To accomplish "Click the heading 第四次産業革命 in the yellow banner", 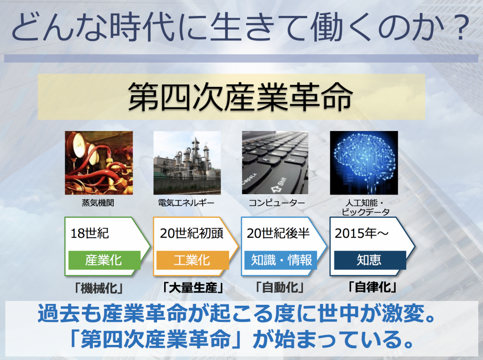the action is (241, 97).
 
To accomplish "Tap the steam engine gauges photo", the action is (99, 163).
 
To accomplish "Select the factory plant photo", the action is (187, 163).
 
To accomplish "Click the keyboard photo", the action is (275, 163).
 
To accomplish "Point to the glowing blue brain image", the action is (364, 163).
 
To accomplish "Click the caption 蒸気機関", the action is (98, 203).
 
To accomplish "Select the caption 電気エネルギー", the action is (186, 203).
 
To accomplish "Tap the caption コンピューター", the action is (276, 203).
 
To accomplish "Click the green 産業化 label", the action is (104, 260).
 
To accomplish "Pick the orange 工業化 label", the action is (192, 260).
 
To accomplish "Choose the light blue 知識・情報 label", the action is (281, 260).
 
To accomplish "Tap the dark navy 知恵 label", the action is (370, 260).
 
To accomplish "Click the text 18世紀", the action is (90, 233).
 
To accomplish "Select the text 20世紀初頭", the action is (192, 233).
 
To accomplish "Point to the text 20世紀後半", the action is (278, 233).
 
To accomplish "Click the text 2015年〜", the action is (362, 233).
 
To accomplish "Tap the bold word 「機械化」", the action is (99, 288).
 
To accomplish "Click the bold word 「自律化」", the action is (372, 287).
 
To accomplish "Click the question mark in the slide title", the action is (461, 27).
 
